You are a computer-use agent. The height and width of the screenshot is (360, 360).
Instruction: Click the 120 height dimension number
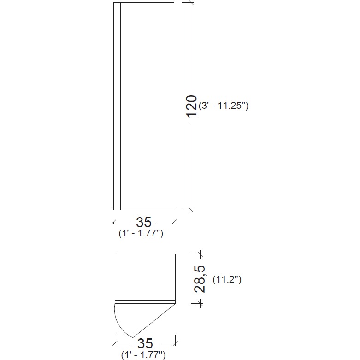tap(191, 106)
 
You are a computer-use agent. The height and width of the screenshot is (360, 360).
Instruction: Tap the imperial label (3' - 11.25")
tap(224, 106)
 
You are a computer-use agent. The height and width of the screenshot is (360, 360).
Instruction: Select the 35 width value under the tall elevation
tap(144, 222)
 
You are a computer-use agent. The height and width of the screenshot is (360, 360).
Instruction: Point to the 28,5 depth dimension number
tap(200, 279)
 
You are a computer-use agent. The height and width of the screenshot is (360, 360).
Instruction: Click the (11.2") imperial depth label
tap(227, 279)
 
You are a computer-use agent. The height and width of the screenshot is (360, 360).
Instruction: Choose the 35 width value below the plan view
tap(145, 343)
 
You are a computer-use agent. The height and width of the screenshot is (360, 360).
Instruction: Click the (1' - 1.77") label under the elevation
tap(141, 234)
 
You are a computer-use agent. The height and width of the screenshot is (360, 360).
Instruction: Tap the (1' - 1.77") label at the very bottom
tap(143, 355)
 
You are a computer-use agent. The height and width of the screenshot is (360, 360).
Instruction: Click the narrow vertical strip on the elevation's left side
tap(117, 106)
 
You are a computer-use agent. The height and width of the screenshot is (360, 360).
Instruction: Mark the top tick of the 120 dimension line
tap(191, 3)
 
